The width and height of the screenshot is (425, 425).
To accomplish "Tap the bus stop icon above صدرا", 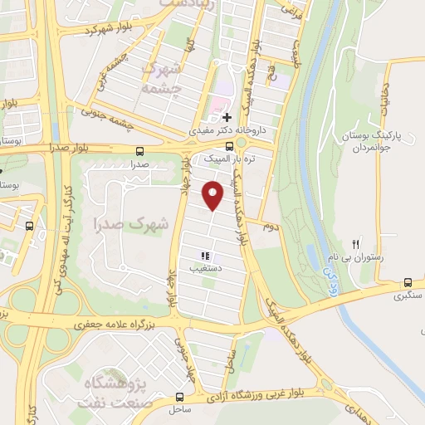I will pyautogui.click(x=138, y=151).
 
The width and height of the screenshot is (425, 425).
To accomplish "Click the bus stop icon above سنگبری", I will pyautogui.click(x=407, y=282).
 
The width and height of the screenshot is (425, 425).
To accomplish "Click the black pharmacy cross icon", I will pyautogui.click(x=227, y=118).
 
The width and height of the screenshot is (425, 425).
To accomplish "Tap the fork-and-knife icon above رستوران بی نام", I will pyautogui.click(x=355, y=244).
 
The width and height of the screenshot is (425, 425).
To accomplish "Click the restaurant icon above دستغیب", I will pyautogui.click(x=204, y=256).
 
